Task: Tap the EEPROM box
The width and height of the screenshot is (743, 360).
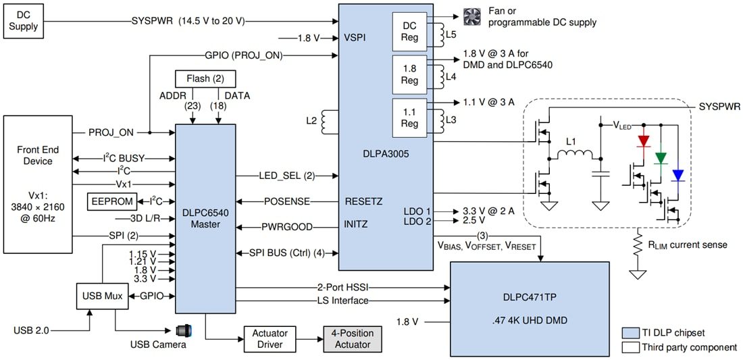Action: pos(111,201)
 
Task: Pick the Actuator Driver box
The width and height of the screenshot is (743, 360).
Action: pos(270,338)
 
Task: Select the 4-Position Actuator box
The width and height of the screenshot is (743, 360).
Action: pos(347,338)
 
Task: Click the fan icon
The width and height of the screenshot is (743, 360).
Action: pos(470,16)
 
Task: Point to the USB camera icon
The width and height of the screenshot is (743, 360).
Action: pos(183,330)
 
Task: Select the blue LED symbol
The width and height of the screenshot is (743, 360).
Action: pos(677,175)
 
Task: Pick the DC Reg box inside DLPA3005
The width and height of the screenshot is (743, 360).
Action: pos(409,30)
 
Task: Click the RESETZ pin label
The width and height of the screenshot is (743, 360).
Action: pos(363,201)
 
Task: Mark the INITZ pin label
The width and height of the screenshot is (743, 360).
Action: pos(357,224)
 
